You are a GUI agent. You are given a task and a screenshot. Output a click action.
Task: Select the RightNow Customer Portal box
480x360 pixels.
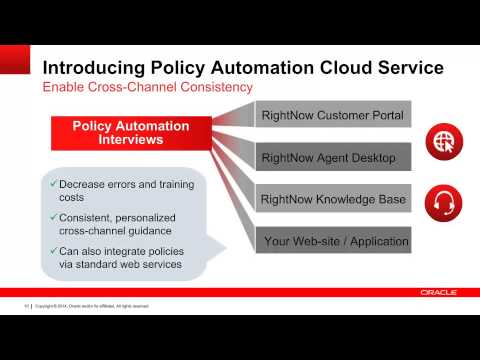pyautogui.click(x=332, y=116)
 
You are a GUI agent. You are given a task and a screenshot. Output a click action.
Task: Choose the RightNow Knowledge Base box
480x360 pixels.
pyautogui.click(x=332, y=199)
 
